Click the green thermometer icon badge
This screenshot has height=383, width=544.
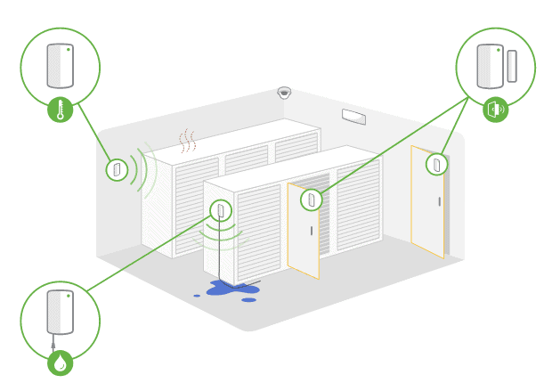[x=60, y=110]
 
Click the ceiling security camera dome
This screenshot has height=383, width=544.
[x=284, y=92]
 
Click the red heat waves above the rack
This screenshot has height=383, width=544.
[x=186, y=140]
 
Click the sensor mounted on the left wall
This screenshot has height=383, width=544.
[x=117, y=168]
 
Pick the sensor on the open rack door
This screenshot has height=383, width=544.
[x=311, y=200]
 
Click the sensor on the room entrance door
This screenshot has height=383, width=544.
[x=436, y=163]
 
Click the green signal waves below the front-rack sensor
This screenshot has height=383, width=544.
[x=220, y=235]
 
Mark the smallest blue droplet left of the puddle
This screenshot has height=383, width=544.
[x=198, y=295]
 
